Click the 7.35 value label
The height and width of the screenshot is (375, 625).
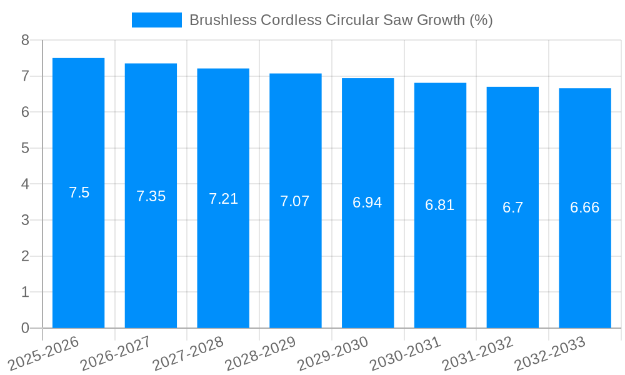(x=151, y=196)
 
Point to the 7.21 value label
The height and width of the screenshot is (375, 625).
(x=223, y=199)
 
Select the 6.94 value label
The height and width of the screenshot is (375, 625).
(x=367, y=202)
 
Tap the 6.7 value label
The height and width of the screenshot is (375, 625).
(x=512, y=207)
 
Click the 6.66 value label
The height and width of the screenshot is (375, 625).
(x=585, y=207)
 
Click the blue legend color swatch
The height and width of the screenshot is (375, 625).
(x=157, y=20)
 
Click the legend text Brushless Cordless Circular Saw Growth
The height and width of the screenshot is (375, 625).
(x=341, y=20)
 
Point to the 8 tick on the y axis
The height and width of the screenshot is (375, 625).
(x=26, y=41)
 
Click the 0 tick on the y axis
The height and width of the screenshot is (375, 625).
(x=26, y=328)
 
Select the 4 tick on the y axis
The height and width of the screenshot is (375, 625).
(x=26, y=184)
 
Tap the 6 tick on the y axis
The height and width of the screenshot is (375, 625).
(x=26, y=112)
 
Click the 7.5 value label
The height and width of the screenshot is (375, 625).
(x=79, y=192)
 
